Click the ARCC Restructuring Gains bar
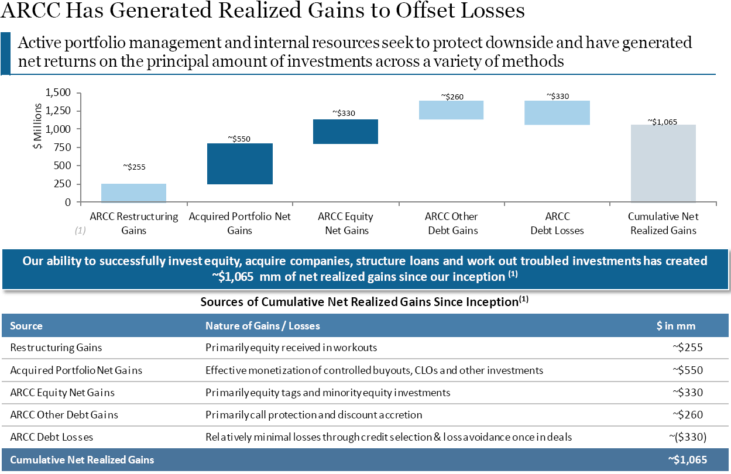[x=133, y=193]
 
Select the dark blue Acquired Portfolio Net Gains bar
[x=240, y=164]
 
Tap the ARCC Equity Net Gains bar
[x=346, y=132]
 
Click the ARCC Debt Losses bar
[x=557, y=113]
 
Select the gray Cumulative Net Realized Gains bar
[x=663, y=163]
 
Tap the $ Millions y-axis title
[x=38, y=127]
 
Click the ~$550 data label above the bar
[x=240, y=139]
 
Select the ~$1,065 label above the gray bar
[x=663, y=121]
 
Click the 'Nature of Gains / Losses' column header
[x=263, y=326]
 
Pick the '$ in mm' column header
[x=676, y=326]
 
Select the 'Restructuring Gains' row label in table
[x=56, y=348]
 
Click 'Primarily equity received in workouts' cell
[x=291, y=348]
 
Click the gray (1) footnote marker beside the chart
[x=80, y=231]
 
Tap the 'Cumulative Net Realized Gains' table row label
[x=82, y=460]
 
